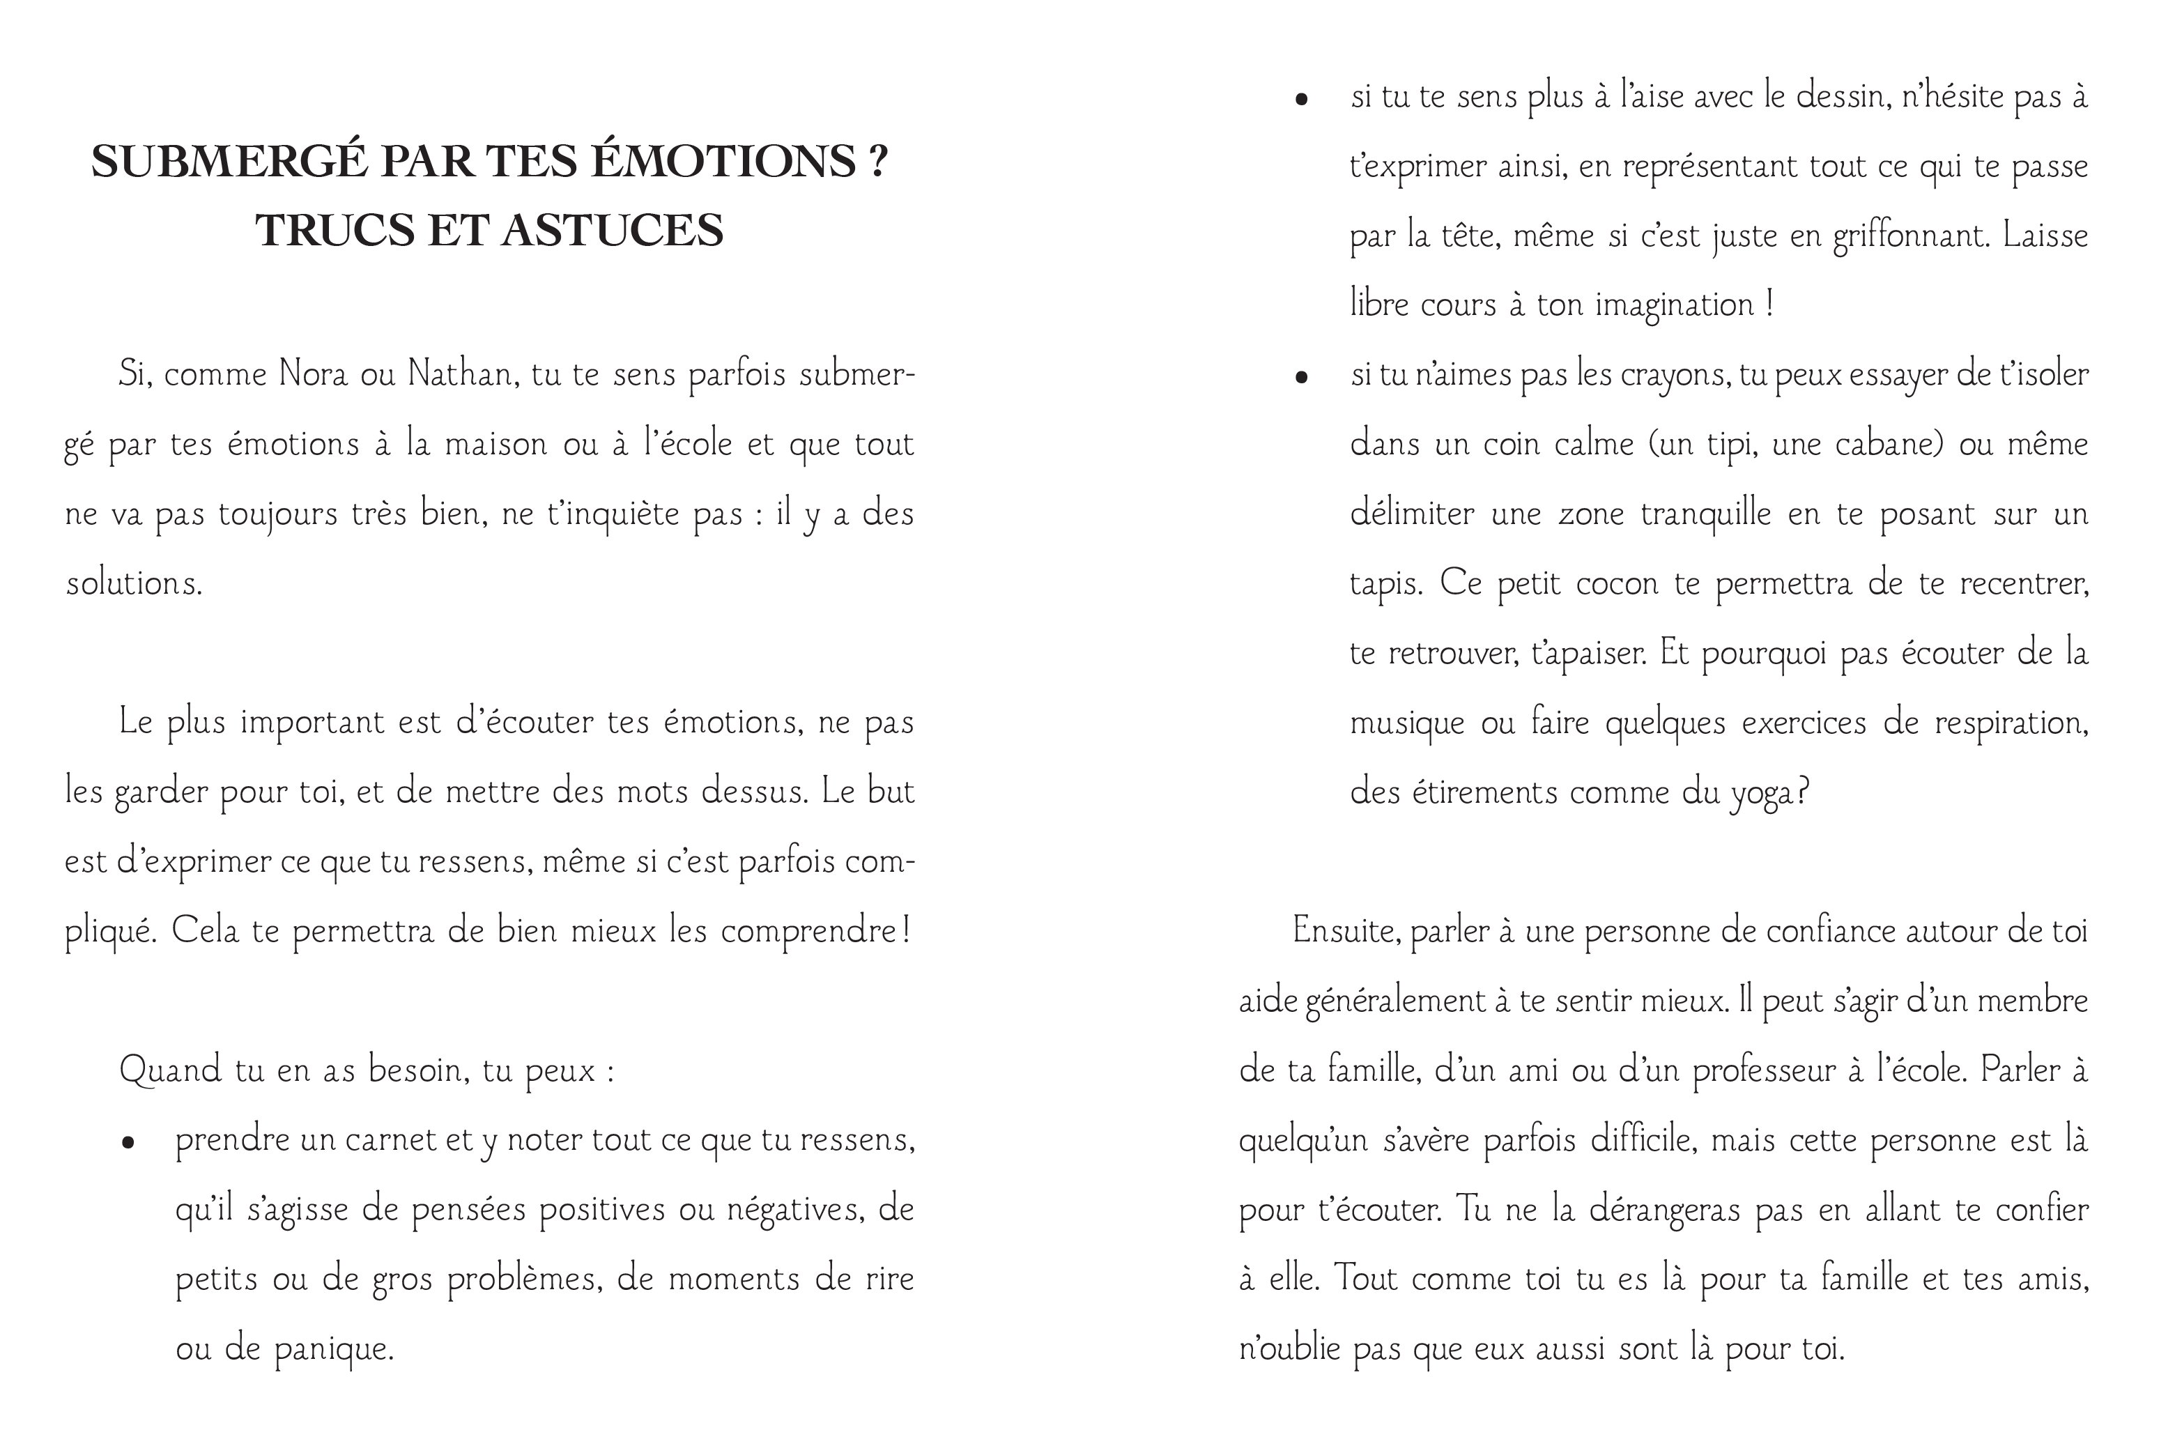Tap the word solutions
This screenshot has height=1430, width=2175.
tap(132, 584)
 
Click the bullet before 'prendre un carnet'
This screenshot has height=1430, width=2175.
tap(129, 1142)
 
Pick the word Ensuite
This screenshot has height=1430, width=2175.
tap(1344, 931)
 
